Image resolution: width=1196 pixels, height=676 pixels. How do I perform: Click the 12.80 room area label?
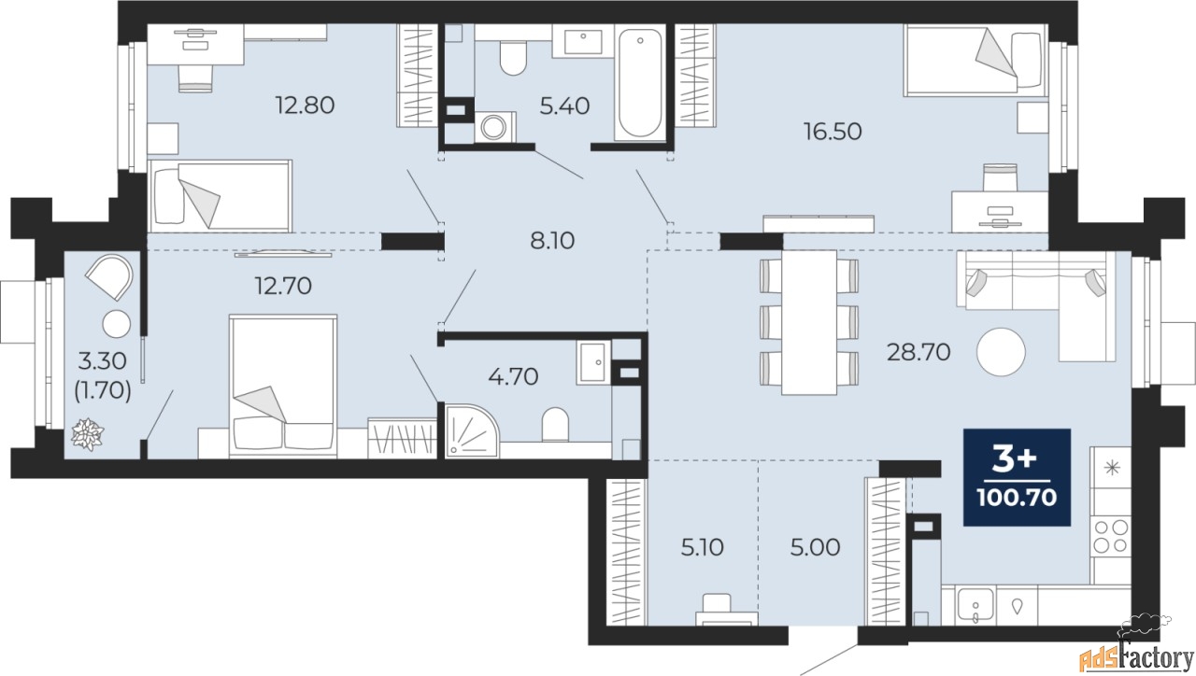pos(305,106)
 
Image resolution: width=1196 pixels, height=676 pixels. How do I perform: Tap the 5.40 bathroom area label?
pos(564,106)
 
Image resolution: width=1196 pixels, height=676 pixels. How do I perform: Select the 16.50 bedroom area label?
pos(833,132)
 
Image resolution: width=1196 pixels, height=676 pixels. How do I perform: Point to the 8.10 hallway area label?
pos(552,241)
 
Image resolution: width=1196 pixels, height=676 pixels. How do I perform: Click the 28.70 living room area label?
pos(918,352)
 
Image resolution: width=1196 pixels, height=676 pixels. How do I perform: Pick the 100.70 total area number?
pos(1018,499)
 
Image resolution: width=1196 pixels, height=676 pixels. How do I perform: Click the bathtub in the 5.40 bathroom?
pos(639,83)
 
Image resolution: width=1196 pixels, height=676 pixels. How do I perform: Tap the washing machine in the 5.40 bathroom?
pos(495,127)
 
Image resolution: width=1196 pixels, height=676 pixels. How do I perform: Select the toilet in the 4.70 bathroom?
pos(555,425)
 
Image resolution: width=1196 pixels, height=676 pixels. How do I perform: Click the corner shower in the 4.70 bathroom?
pos(470,430)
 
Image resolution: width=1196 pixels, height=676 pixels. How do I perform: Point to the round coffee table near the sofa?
pos(1001,352)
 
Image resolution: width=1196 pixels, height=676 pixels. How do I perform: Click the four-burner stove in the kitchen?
pos(1111,537)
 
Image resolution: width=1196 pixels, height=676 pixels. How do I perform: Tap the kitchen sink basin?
pos(976,606)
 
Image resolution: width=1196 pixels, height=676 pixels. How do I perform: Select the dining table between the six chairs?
pos(809,322)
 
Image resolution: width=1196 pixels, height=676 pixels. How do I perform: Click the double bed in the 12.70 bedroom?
pos(283,386)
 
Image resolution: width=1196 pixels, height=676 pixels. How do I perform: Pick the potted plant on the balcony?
pos(88,434)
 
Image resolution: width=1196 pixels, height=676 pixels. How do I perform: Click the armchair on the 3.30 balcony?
pos(110,276)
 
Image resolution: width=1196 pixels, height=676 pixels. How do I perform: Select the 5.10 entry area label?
pos(702,547)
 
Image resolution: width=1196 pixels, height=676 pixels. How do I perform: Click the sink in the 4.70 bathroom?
pos(593,363)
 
